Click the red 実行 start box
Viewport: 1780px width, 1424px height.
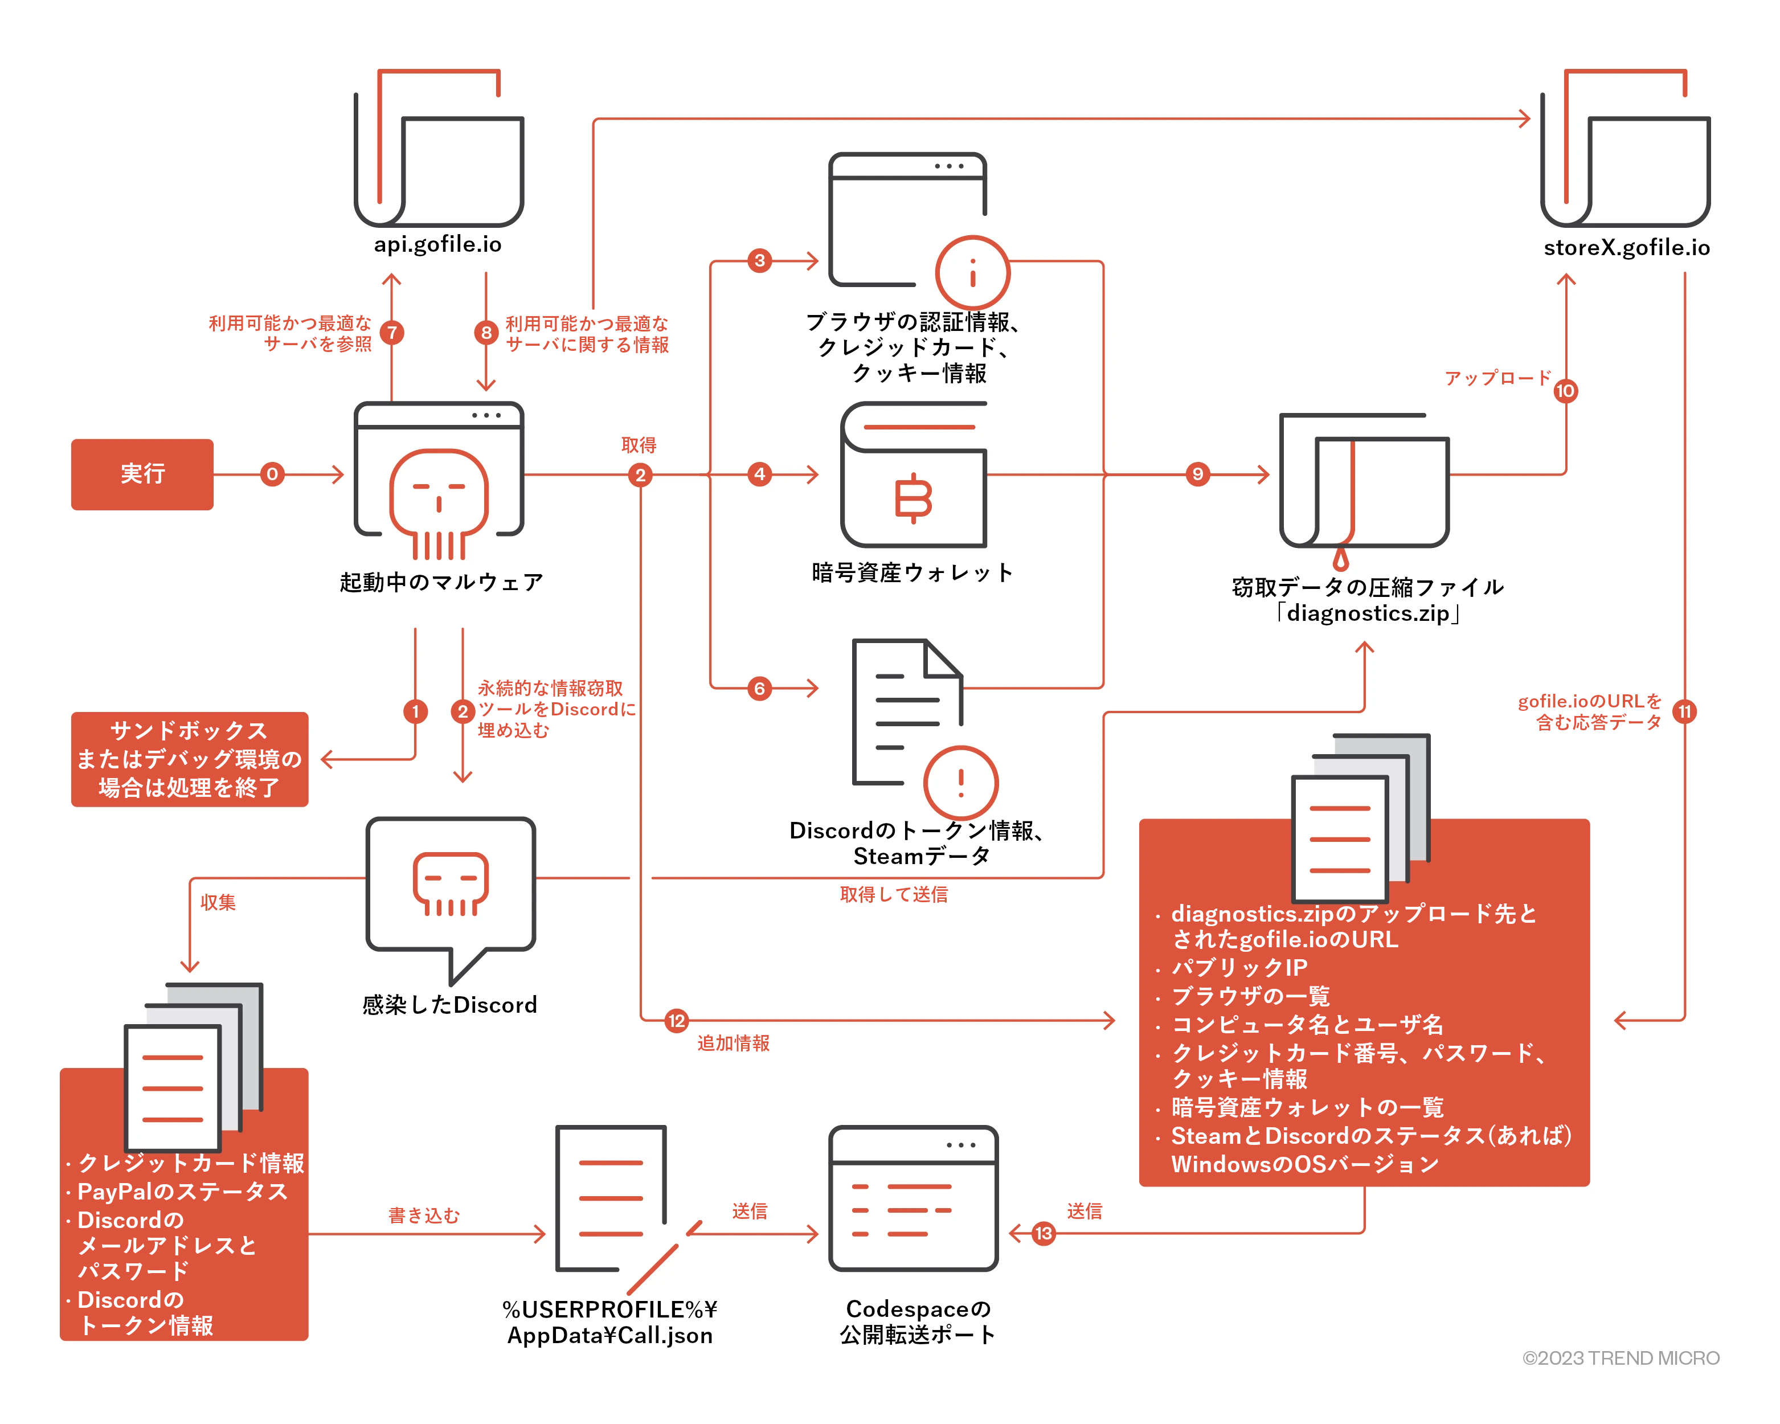[x=142, y=474]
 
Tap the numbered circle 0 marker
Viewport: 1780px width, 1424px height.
[x=272, y=474]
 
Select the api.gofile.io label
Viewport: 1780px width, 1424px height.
[x=437, y=244]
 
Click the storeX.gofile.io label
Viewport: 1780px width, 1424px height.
[x=1626, y=248]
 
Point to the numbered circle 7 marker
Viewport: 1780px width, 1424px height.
[x=392, y=333]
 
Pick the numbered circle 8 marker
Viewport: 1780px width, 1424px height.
[x=486, y=333]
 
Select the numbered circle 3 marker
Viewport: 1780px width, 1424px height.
[x=759, y=261]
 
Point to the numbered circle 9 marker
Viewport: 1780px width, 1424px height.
[x=1198, y=474]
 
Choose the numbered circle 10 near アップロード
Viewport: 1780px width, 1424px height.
[x=1565, y=391]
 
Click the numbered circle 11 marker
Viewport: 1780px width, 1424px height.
[x=1684, y=711]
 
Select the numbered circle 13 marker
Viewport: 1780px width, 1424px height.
[x=1044, y=1233]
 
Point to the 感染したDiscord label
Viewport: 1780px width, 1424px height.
[x=450, y=1005]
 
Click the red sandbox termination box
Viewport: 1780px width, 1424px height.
[x=189, y=759]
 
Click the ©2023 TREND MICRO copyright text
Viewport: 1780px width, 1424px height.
[x=1621, y=1358]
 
